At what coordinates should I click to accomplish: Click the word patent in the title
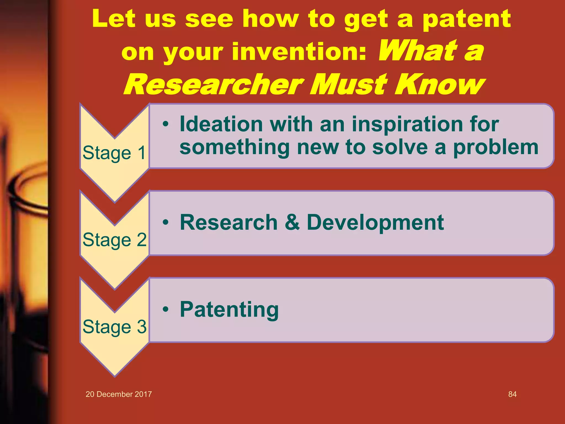(x=466, y=19)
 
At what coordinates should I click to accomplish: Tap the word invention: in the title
(x=299, y=52)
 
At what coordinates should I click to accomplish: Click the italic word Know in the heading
(x=439, y=84)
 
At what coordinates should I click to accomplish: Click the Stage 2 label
(x=114, y=240)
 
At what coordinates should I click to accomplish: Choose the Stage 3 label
(x=114, y=327)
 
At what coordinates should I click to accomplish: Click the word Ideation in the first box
(x=221, y=124)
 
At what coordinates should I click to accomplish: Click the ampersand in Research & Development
(x=292, y=222)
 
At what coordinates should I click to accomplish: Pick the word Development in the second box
(x=375, y=223)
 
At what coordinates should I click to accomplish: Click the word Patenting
(x=229, y=310)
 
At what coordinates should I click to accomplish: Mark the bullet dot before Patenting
(x=165, y=309)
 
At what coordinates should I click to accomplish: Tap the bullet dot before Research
(x=165, y=222)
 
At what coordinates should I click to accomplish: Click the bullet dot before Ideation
(x=165, y=124)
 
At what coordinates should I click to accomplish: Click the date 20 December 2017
(x=119, y=394)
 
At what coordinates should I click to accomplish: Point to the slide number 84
(x=512, y=394)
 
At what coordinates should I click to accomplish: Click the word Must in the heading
(x=350, y=84)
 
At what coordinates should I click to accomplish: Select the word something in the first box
(x=234, y=147)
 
